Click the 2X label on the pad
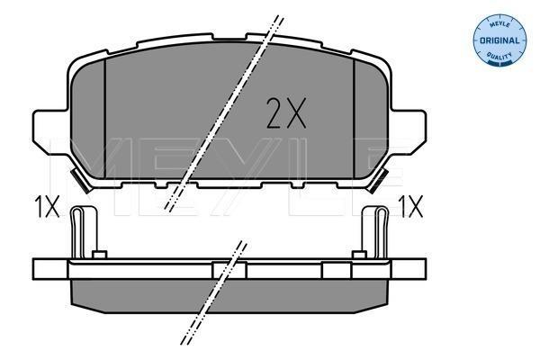[286, 113]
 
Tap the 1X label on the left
[47, 207]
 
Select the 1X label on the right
[410, 207]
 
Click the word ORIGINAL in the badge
[499, 40]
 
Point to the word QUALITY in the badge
[499, 56]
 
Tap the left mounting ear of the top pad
[49, 130]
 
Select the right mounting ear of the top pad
[409, 130]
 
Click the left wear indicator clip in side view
[84, 231]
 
